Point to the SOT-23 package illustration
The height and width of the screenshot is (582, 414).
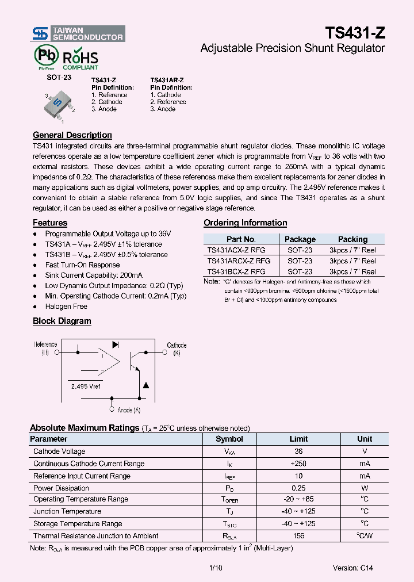pyautogui.click(x=59, y=104)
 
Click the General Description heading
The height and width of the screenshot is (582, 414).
pyautogui.click(x=72, y=135)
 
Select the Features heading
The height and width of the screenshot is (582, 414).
pyautogui.click(x=50, y=223)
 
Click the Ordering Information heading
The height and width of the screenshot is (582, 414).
pyautogui.click(x=245, y=223)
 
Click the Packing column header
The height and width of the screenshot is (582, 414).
pyautogui.click(x=352, y=239)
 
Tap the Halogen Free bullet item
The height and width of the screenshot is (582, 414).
pyautogui.click(x=66, y=307)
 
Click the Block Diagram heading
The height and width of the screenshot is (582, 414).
pyautogui.click(x=62, y=321)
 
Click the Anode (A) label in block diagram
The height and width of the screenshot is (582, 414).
pyautogui.click(x=128, y=410)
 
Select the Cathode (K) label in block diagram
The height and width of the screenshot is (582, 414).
pyautogui.click(x=177, y=349)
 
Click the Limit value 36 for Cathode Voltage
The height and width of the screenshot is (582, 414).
pyautogui.click(x=298, y=451)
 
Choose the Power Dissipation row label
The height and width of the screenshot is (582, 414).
pyautogui.click(x=61, y=488)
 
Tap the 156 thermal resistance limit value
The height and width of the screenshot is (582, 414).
pyautogui.click(x=298, y=535)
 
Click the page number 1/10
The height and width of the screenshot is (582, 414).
pyautogui.click(x=216, y=568)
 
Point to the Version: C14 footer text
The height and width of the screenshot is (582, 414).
pyautogui.click(x=352, y=568)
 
